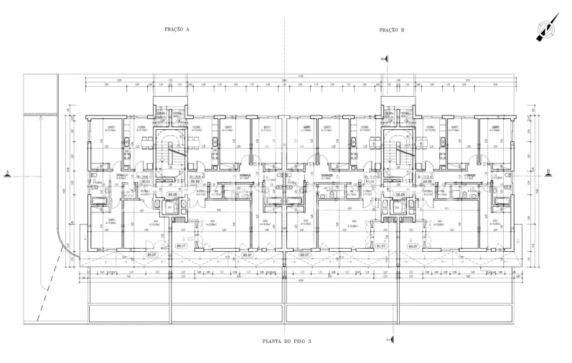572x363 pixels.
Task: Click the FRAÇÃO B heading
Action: pos(393,30)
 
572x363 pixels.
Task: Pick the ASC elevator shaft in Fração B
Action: pos(393,204)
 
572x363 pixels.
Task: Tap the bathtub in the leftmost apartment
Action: pos(93,204)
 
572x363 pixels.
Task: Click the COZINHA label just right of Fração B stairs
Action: pos(429,126)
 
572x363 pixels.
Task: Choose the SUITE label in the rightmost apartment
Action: pos(494,221)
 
